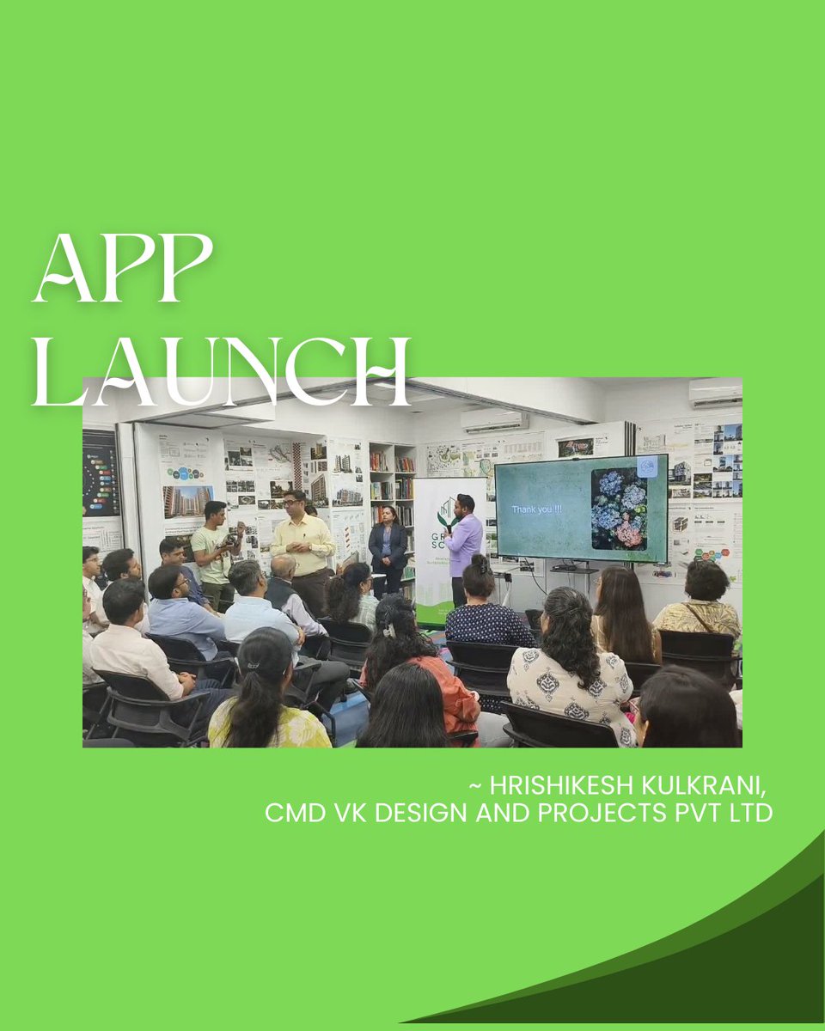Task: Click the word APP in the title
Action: (x=122, y=268)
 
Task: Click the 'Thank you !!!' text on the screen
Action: (x=535, y=509)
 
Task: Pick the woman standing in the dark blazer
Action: (x=387, y=550)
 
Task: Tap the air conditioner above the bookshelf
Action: (x=493, y=421)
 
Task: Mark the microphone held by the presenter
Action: (x=449, y=526)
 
